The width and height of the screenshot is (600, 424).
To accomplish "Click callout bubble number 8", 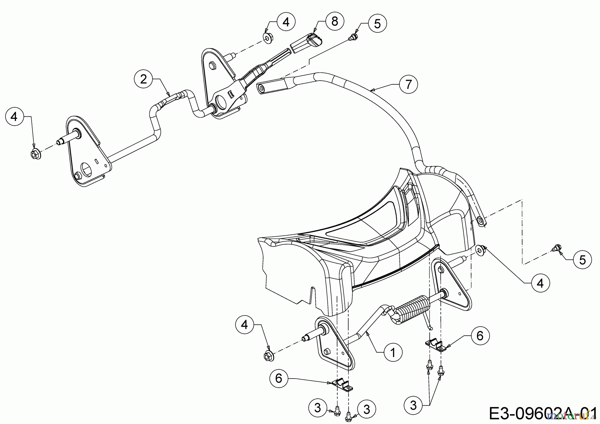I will coord(334,21).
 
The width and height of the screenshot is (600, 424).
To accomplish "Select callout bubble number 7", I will coord(408,84).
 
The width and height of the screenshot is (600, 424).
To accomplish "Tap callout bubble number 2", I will coord(144,79).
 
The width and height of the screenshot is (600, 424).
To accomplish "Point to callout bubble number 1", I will coord(393,353).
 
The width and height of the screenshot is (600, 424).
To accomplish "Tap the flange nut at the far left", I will coord(35,154).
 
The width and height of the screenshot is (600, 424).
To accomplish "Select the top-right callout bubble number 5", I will coord(377,23).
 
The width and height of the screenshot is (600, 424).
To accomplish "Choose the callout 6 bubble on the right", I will coord(480,336).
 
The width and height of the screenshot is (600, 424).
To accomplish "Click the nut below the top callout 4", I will coord(268,38).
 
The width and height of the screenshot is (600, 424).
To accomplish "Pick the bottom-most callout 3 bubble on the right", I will coord(413,406).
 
